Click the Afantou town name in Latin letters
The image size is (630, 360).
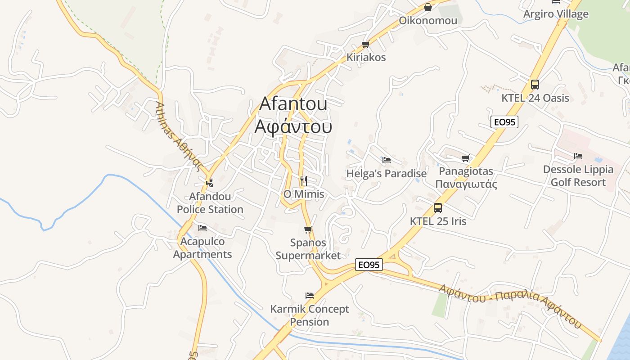293,104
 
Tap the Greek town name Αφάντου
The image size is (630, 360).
293,126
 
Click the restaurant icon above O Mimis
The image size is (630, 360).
304,181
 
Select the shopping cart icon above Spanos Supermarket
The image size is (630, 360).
308,230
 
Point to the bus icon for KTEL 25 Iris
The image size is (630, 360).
438,208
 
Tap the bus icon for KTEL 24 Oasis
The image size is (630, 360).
535,84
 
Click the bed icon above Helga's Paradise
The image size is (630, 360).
386,160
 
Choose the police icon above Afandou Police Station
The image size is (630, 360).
210,183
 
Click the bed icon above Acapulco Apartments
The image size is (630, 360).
202,228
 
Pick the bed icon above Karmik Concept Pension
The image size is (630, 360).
309,296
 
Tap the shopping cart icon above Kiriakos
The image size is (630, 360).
365,44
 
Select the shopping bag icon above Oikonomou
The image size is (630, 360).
428,7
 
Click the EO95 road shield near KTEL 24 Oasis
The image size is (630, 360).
504,122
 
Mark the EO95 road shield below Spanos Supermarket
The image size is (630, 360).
369,265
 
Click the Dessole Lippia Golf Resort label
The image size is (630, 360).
578,176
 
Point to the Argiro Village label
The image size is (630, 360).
556,14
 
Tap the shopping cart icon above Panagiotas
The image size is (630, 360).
466,158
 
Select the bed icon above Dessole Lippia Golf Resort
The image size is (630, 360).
578,156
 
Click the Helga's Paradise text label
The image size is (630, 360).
386,174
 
